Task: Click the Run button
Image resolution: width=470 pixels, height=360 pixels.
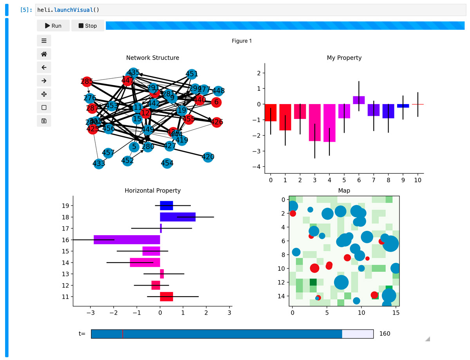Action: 53,26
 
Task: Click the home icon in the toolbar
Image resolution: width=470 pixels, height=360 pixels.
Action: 44,54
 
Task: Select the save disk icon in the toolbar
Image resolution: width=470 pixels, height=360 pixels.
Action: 44,121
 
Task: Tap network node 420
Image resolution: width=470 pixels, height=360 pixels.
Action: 208,157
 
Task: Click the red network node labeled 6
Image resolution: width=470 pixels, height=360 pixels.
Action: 216,102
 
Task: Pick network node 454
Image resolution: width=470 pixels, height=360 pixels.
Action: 167,163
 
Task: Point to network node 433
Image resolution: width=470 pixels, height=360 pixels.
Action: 99,164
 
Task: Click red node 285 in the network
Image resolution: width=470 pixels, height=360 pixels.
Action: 87,82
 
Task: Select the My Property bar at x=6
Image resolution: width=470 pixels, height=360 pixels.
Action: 359,100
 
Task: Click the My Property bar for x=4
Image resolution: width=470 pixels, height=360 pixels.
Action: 329,123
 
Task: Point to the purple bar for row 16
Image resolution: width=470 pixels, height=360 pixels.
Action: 127,239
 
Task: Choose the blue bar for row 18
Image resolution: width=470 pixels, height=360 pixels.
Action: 177,217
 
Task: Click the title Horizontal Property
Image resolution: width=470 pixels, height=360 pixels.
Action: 152,191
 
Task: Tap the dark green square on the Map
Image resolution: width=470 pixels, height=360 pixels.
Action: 313,282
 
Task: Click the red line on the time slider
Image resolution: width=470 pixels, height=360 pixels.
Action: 123,334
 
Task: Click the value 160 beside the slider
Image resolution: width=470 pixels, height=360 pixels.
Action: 385,334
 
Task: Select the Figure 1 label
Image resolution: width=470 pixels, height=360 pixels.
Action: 242,41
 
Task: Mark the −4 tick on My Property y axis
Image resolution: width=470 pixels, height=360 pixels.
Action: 257,167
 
